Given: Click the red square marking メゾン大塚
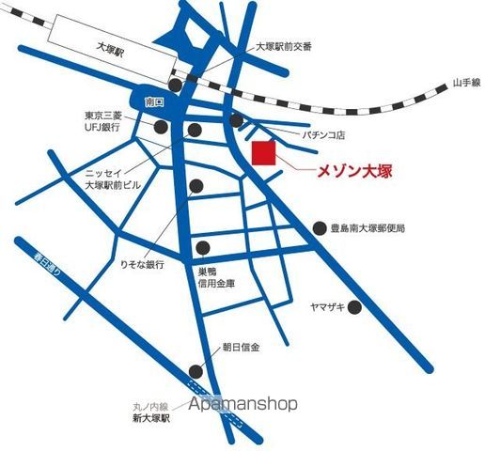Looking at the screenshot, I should [x=264, y=154].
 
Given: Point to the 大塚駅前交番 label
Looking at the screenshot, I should [x=284, y=46].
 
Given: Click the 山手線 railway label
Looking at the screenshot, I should [x=465, y=83].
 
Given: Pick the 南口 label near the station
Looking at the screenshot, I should [x=155, y=100].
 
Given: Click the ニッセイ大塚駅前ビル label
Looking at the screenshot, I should [x=111, y=179].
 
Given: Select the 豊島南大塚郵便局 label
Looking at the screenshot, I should [x=373, y=228].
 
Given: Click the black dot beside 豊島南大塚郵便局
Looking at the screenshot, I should [x=319, y=228].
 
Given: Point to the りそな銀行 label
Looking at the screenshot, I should [x=136, y=266].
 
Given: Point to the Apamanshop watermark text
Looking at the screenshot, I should [x=242, y=403].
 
